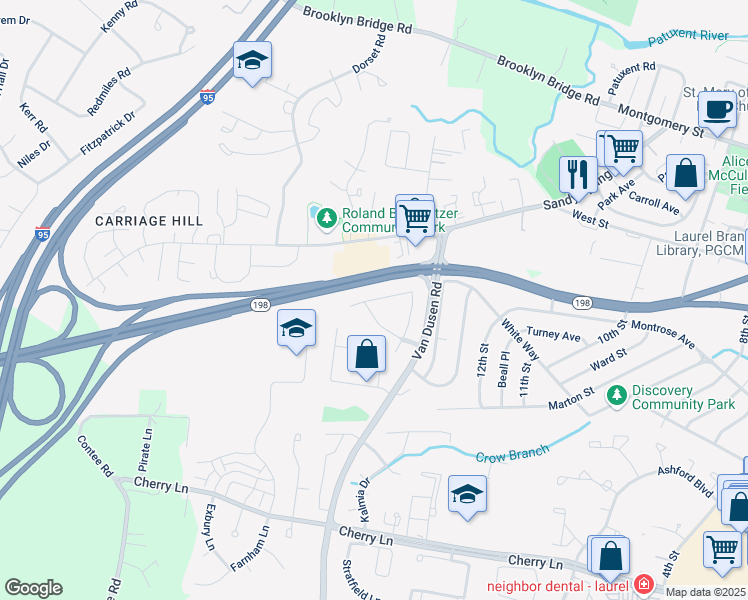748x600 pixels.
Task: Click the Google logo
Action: tap(33, 588)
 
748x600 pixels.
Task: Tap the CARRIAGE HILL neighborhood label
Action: tap(149, 220)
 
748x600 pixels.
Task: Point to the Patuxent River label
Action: tap(688, 36)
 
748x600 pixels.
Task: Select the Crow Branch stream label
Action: tap(512, 454)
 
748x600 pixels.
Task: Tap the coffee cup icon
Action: tap(718, 109)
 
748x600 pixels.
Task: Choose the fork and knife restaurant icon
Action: tap(577, 174)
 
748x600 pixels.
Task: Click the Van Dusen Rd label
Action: tap(428, 320)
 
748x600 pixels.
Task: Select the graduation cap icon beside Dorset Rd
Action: tap(253, 61)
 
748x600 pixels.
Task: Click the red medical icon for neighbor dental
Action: tap(643, 583)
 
